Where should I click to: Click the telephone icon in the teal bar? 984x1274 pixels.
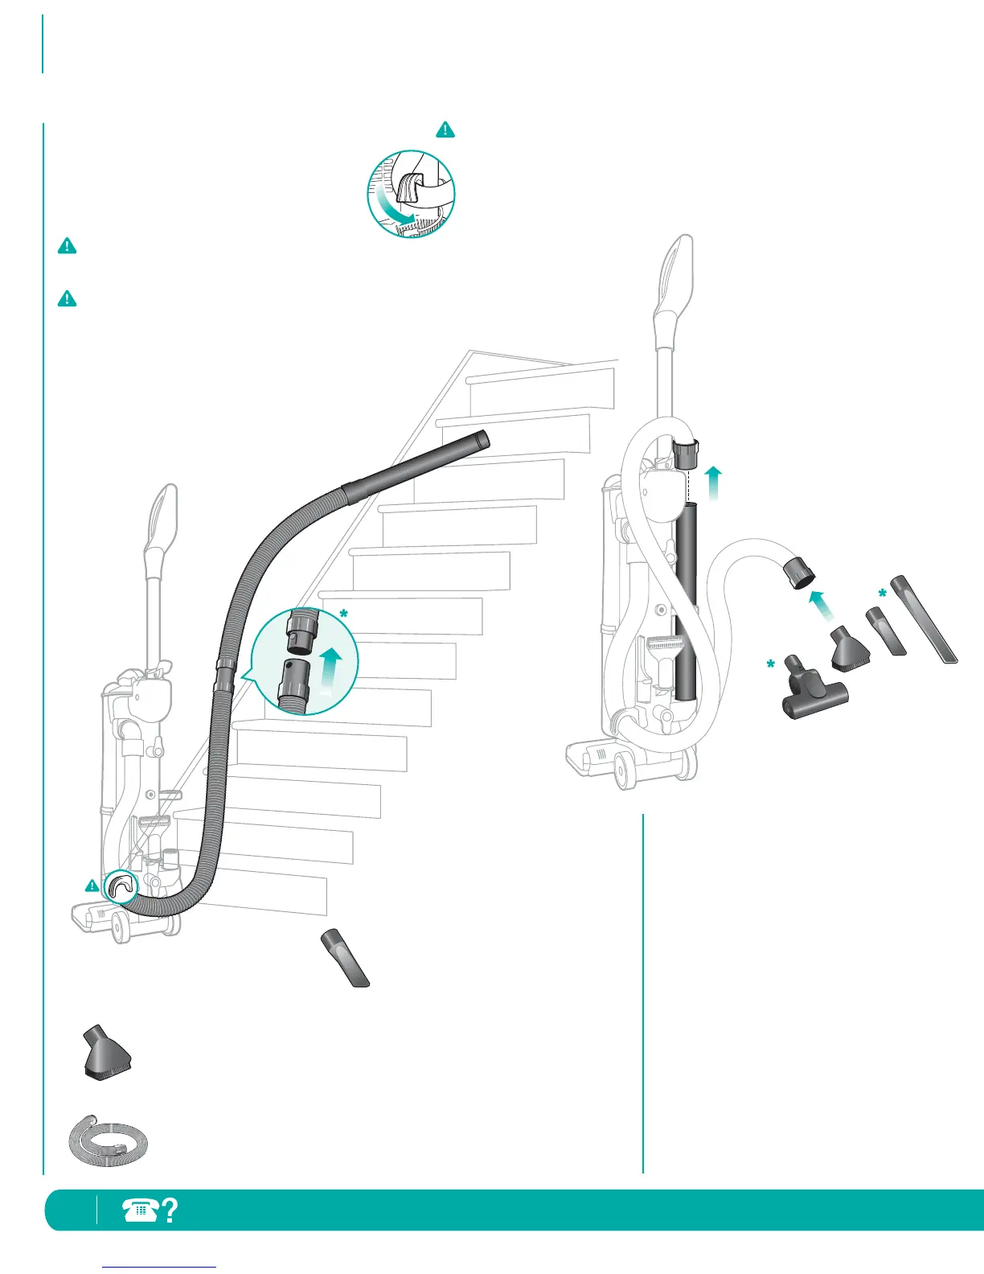141,1210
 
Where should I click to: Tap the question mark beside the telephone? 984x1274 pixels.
170,1210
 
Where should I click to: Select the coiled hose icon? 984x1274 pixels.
108,1135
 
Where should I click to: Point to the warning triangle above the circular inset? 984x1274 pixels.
445,129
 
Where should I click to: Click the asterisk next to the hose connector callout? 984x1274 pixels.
344,615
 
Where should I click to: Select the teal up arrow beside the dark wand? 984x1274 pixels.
713,482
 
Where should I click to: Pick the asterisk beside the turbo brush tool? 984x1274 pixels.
770,665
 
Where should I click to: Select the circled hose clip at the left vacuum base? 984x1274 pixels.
121,886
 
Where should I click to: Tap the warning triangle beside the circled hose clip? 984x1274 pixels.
92,886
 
